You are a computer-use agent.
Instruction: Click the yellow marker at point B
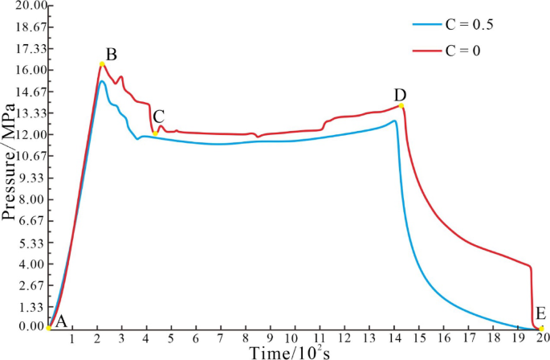[102, 64]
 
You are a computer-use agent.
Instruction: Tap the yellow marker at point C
[155, 133]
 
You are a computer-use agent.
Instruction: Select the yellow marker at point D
[401, 106]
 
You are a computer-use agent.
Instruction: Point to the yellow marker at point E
[541, 328]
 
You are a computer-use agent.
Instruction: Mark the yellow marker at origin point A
[48, 328]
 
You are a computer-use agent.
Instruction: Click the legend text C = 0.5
[469, 25]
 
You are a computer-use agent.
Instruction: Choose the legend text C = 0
[462, 51]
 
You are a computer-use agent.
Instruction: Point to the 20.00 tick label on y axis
[23, 6]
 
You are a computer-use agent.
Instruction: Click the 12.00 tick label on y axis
[23, 134]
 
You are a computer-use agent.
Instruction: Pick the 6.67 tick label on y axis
[26, 220]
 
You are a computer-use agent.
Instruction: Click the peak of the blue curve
[102, 81]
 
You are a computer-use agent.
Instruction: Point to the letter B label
[112, 55]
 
